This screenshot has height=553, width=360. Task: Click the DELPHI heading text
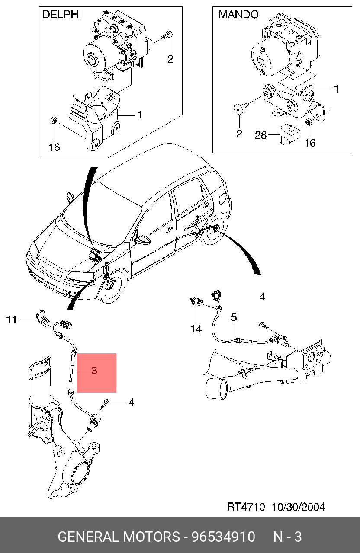point(61,15)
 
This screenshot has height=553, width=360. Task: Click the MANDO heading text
point(238,15)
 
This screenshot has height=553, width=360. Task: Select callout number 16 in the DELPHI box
point(54,147)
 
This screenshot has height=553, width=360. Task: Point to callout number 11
point(11,320)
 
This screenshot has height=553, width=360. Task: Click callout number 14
point(196,329)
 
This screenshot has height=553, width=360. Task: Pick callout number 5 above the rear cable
point(234,317)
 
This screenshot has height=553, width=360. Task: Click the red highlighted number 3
point(94,371)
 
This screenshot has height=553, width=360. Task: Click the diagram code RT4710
point(246,506)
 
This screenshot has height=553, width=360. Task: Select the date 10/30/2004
point(298,506)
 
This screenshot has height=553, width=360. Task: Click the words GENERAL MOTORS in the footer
point(119,537)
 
